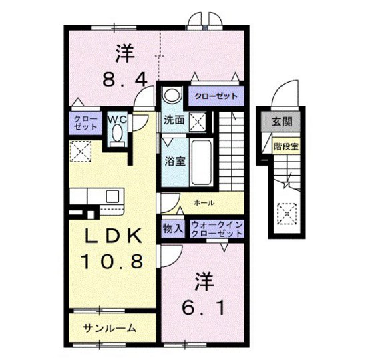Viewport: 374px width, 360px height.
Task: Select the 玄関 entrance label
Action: coord(281,121)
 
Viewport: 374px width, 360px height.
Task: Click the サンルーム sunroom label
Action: coord(110,328)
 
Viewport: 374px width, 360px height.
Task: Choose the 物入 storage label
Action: coord(172,228)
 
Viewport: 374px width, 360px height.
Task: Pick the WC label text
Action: coord(118,119)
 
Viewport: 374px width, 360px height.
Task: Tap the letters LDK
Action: coord(113,236)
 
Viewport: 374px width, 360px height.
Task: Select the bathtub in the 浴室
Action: coord(200,163)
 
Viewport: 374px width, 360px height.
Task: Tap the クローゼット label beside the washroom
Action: coord(216,96)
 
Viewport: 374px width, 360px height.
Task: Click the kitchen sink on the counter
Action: coord(112,196)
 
